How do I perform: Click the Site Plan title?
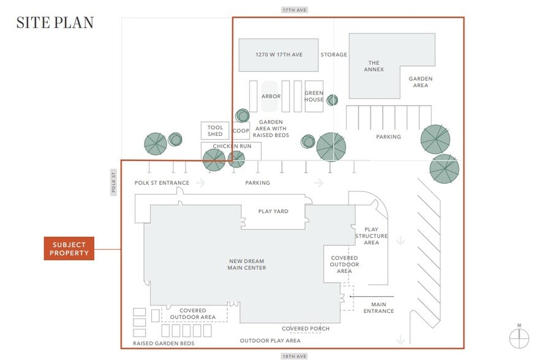pyautogui.click(x=55, y=23)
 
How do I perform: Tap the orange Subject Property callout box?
pyautogui.click(x=69, y=249)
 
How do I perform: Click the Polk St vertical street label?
pyautogui.click(x=114, y=183)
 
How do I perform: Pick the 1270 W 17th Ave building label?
pyautogui.click(x=279, y=54)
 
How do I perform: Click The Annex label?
pyautogui.click(x=374, y=66)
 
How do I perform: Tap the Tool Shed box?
pyautogui.click(x=215, y=130)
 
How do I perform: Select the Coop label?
pyautogui.click(x=241, y=130)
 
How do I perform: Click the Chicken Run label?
pyautogui.click(x=231, y=146)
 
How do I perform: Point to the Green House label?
pyautogui.click(x=314, y=97)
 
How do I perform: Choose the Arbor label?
pyautogui.click(x=271, y=97)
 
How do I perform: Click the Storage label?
pyautogui.click(x=334, y=54)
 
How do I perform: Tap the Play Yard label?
pyautogui.click(x=273, y=211)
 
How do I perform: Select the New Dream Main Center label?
pyautogui.click(x=246, y=264)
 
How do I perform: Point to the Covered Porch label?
pyautogui.click(x=306, y=329)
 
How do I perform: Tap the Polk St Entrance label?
pyautogui.click(x=162, y=182)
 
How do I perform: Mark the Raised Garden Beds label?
pyautogui.click(x=163, y=344)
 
